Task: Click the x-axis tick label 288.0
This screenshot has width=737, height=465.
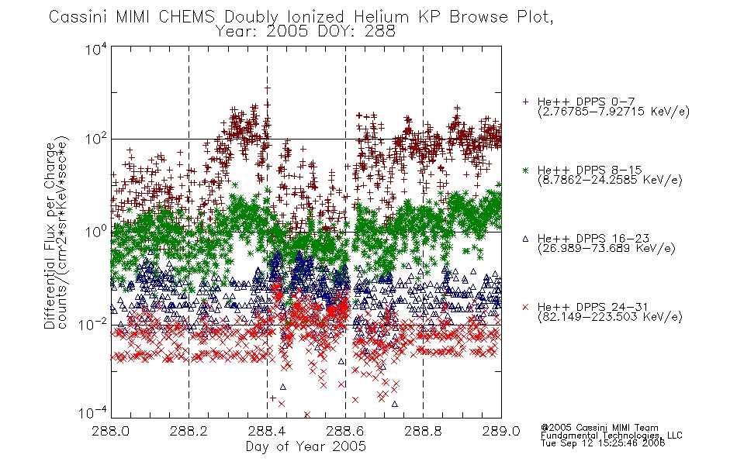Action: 111,431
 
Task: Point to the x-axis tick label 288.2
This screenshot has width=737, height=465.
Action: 189,431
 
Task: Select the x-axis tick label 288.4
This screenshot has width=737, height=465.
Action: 267,431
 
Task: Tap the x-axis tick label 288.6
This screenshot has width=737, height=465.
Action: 345,431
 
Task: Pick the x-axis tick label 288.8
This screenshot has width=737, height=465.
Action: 423,431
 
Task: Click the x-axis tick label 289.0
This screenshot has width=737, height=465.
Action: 501,431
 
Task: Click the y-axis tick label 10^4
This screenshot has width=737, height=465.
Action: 96,49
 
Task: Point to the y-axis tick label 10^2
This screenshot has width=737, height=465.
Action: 96,139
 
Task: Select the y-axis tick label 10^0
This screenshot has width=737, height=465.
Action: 96,232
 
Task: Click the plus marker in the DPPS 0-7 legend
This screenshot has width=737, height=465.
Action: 525,102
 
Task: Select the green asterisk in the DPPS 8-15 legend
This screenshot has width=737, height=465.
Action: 525,170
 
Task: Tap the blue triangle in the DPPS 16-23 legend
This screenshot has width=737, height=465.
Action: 525,239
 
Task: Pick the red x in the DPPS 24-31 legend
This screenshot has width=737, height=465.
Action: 525,307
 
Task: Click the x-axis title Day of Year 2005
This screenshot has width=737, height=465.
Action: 306,446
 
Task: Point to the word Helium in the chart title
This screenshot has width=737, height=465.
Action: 381,17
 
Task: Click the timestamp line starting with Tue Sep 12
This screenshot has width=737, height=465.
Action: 603,443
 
